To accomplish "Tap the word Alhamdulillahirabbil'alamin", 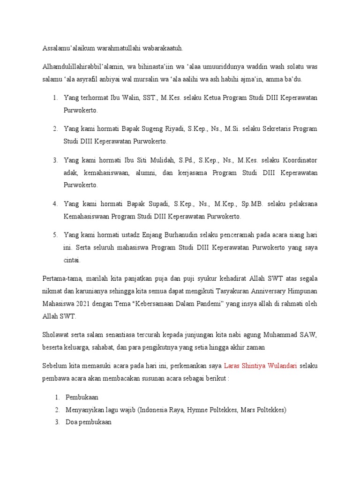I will click(x=82, y=67).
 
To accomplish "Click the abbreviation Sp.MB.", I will click(x=253, y=204).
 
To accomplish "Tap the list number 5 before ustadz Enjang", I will click(x=54, y=234).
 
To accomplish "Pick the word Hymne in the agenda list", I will click(x=198, y=410).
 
